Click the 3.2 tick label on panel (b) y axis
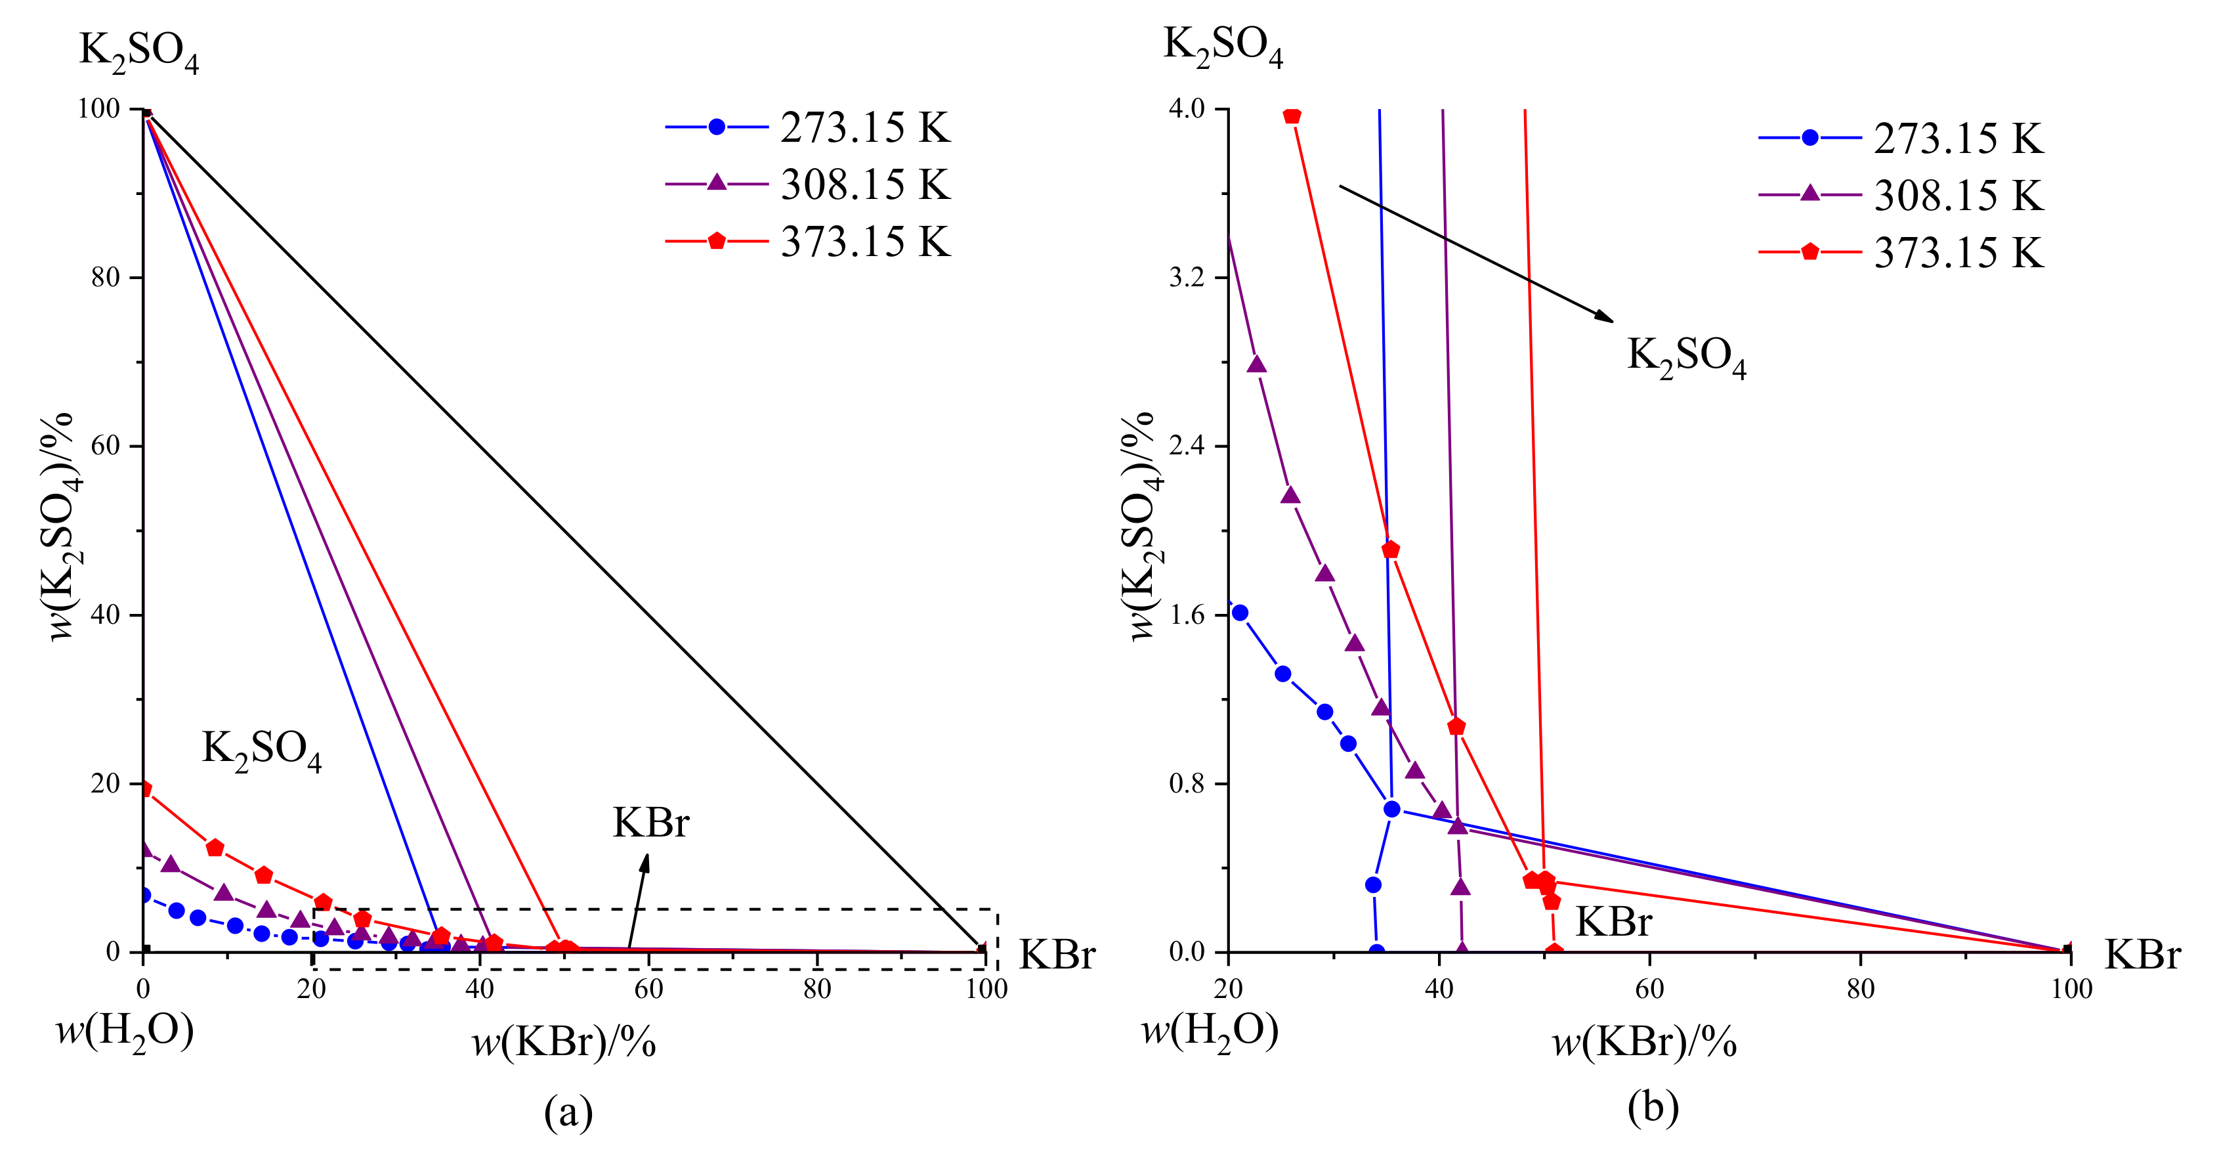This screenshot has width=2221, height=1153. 1187,278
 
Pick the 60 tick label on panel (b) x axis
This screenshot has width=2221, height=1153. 1649,989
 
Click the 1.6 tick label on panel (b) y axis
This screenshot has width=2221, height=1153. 1187,615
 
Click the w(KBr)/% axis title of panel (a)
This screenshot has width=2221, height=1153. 564,1043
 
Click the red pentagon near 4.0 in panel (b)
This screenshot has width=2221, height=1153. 1292,116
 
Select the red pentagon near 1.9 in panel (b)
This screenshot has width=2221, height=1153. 1390,550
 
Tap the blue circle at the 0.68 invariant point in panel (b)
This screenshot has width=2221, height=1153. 1391,809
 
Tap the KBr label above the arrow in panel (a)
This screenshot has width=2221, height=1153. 651,823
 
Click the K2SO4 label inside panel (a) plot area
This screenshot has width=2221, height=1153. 261,749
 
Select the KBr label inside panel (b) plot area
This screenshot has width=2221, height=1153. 1613,922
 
